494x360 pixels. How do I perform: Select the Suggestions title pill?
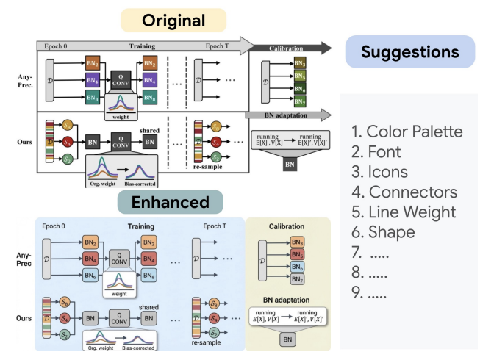409,52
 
